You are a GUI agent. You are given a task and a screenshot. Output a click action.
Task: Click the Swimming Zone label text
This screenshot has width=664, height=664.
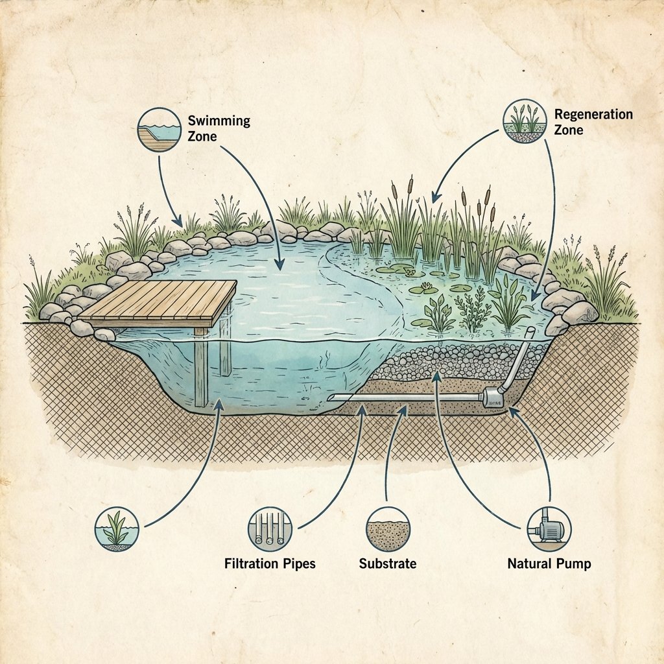[x=219, y=128]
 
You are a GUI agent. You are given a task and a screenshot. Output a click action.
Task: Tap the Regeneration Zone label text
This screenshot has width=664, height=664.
[x=593, y=121]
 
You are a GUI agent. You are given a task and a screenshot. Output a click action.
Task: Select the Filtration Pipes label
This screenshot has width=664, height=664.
[x=270, y=563]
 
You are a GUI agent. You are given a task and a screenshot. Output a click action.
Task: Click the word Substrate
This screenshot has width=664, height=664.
[x=388, y=563]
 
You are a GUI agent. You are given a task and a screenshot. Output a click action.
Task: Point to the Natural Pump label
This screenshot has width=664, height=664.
[x=549, y=563]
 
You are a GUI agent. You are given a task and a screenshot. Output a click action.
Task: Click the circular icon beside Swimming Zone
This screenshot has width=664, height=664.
[x=160, y=130]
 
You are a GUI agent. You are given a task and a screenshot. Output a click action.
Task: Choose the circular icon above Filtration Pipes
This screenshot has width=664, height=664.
[x=270, y=528]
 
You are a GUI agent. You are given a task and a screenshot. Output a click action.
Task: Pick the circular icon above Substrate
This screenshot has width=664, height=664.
[x=388, y=529]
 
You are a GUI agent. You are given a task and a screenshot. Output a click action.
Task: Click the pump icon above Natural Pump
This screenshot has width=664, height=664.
[x=549, y=529]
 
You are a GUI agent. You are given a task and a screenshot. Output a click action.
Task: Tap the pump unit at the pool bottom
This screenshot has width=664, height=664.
[x=493, y=397]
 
